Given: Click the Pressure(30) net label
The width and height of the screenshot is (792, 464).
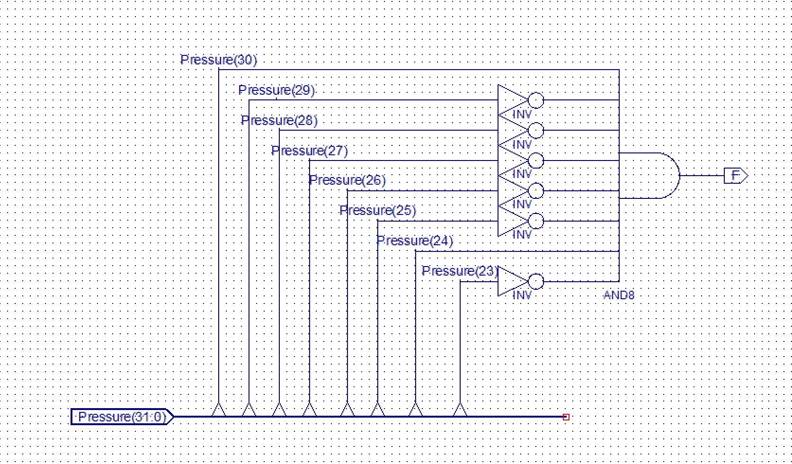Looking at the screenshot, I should pos(219,60).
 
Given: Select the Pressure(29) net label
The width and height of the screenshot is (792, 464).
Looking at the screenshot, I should pos(276,90).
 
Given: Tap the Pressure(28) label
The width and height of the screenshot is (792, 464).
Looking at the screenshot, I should pos(279,121).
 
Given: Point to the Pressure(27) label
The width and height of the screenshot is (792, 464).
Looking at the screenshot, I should pos(310,151).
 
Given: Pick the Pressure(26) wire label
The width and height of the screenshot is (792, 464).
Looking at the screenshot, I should pos(347,180).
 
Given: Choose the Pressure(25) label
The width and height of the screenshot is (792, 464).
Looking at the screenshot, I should pos(378,211).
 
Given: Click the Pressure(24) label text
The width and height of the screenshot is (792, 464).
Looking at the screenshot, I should pos(415,241).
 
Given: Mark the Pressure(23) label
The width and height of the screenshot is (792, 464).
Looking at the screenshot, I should pos(459,271).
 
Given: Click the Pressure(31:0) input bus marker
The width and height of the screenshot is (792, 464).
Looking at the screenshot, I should pos(122,417).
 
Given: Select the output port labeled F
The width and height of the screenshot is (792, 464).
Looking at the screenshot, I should pos(735,176).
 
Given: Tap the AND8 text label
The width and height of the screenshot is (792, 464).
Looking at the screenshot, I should pos(619,295).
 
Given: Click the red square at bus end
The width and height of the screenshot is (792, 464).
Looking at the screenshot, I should pos(566,417).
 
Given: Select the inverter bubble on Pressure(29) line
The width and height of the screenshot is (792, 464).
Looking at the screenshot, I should pos(536,100).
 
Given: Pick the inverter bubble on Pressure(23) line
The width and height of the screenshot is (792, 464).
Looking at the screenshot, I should pos(536,282).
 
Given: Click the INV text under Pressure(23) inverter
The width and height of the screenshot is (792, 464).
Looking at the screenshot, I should pos(522,295).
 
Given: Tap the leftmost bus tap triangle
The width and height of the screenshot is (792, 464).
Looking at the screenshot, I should pos(218,410).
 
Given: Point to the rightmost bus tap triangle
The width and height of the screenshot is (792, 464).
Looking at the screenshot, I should pos(460,410).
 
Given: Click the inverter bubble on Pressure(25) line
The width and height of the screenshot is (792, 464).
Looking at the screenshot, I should pos(536,221).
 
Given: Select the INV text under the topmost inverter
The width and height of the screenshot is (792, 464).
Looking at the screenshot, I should pos(522,115).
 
